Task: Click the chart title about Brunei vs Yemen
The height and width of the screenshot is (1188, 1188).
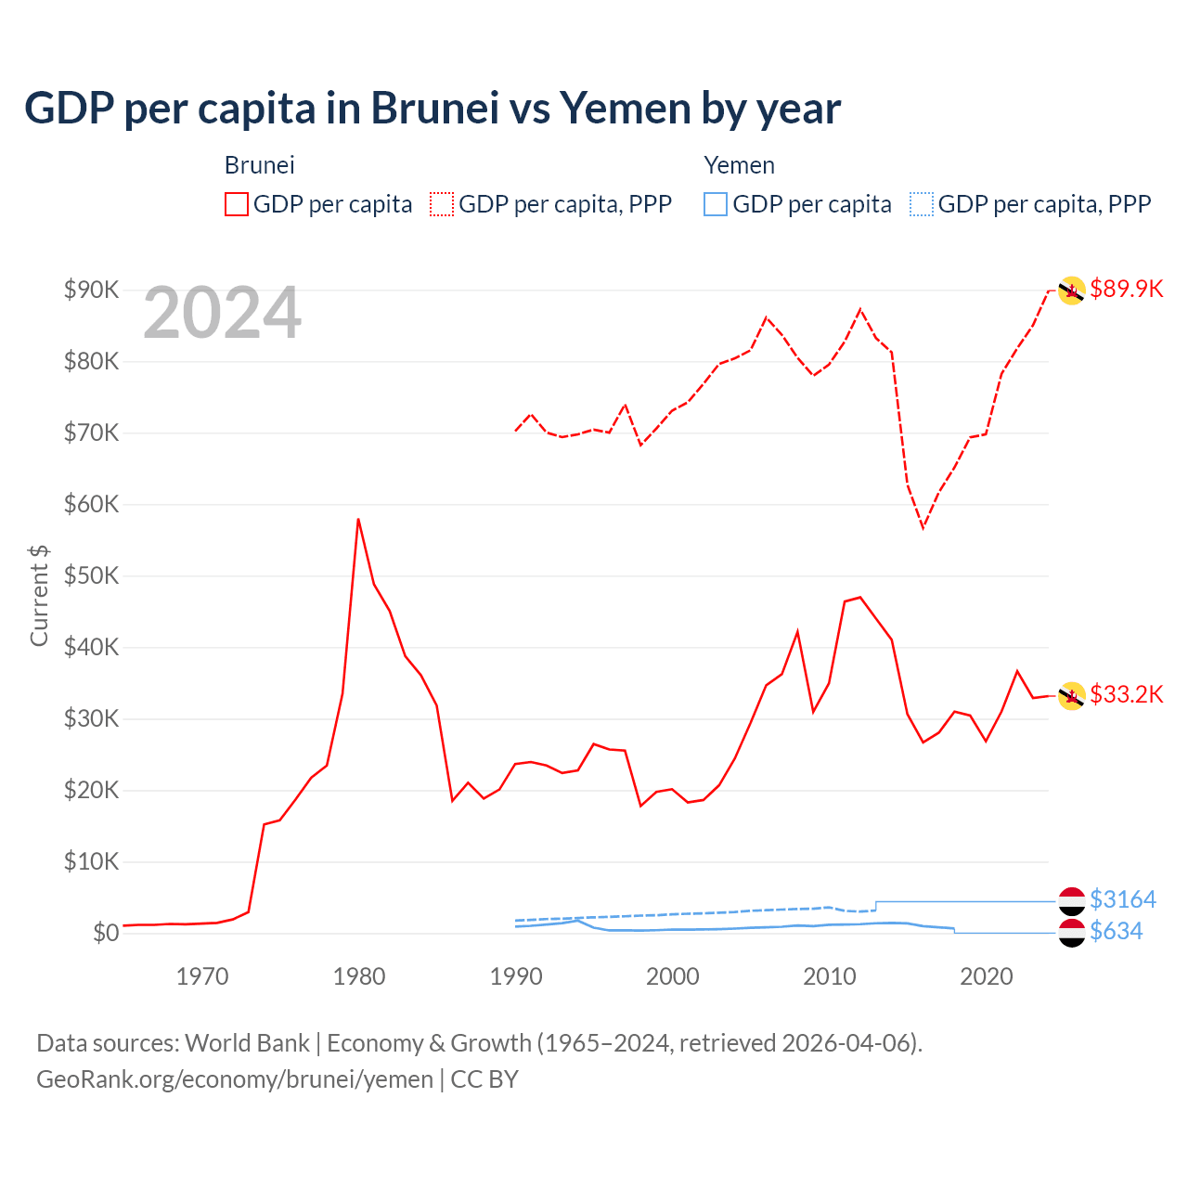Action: click(x=433, y=109)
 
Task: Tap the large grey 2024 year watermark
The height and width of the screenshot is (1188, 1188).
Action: click(x=223, y=314)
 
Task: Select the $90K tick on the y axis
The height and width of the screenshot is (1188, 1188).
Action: click(x=91, y=290)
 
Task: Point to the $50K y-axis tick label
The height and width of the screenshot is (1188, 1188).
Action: click(x=91, y=575)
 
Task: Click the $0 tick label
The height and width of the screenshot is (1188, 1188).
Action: click(x=106, y=933)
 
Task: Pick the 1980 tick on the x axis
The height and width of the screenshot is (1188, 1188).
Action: click(x=359, y=976)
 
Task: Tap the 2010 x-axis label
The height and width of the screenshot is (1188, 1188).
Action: click(x=829, y=976)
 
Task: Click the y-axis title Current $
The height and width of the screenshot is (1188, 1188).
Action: click(x=39, y=595)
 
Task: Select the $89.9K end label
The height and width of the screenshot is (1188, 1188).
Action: click(x=1126, y=289)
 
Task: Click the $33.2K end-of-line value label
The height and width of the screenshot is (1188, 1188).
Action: click(x=1126, y=694)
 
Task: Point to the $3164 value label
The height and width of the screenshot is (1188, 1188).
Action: click(x=1122, y=899)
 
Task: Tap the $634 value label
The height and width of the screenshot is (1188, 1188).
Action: click(x=1116, y=931)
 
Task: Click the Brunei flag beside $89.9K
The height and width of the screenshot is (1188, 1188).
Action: click(x=1071, y=291)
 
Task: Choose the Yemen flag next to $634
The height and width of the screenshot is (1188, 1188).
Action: click(x=1071, y=933)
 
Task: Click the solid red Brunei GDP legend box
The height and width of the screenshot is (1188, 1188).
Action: click(x=237, y=204)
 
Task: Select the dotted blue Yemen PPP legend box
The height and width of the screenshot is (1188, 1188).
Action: click(x=921, y=204)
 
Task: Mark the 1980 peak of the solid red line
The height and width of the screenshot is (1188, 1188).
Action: click(x=358, y=520)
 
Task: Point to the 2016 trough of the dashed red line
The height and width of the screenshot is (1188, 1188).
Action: click(x=923, y=527)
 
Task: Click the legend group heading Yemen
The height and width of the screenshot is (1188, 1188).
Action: click(x=739, y=165)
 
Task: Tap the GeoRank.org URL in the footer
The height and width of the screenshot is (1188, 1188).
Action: click(x=235, y=1079)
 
